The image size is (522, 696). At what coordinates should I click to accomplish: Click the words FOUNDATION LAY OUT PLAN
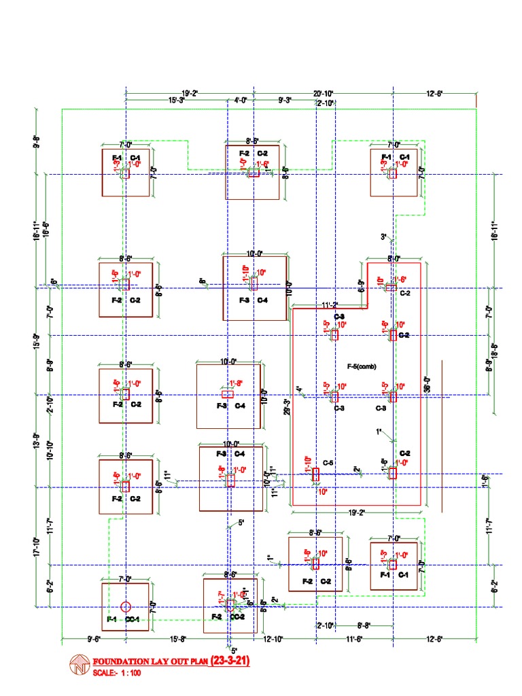(150, 661)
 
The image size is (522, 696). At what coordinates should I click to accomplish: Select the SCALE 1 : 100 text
(120, 674)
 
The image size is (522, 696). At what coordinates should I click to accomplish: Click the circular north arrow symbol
(80, 665)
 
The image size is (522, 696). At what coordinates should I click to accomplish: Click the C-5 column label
(328, 463)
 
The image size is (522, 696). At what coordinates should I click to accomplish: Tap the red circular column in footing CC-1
(125, 606)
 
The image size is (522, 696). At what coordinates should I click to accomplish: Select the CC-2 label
(237, 616)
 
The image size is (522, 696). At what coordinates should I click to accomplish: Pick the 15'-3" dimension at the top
(177, 101)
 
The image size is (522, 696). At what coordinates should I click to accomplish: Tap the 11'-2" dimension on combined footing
(330, 304)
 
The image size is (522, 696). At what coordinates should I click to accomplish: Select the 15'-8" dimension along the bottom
(178, 639)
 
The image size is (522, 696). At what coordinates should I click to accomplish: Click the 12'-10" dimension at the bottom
(273, 639)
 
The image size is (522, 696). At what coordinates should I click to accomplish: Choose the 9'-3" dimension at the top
(285, 101)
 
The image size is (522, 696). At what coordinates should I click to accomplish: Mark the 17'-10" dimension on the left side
(37, 546)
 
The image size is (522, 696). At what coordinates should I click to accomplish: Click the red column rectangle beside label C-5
(315, 474)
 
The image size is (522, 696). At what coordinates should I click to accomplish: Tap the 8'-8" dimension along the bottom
(364, 625)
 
